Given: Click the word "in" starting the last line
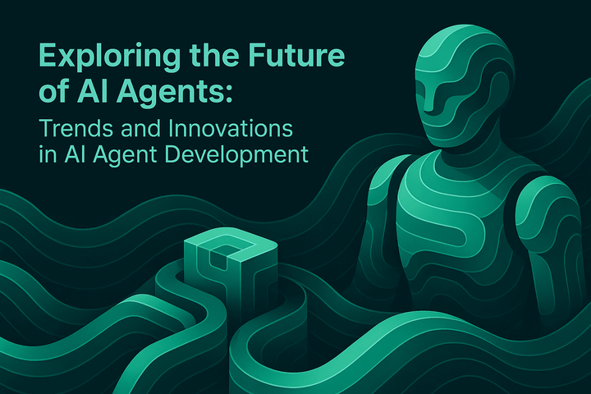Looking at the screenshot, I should [x=47, y=155].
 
